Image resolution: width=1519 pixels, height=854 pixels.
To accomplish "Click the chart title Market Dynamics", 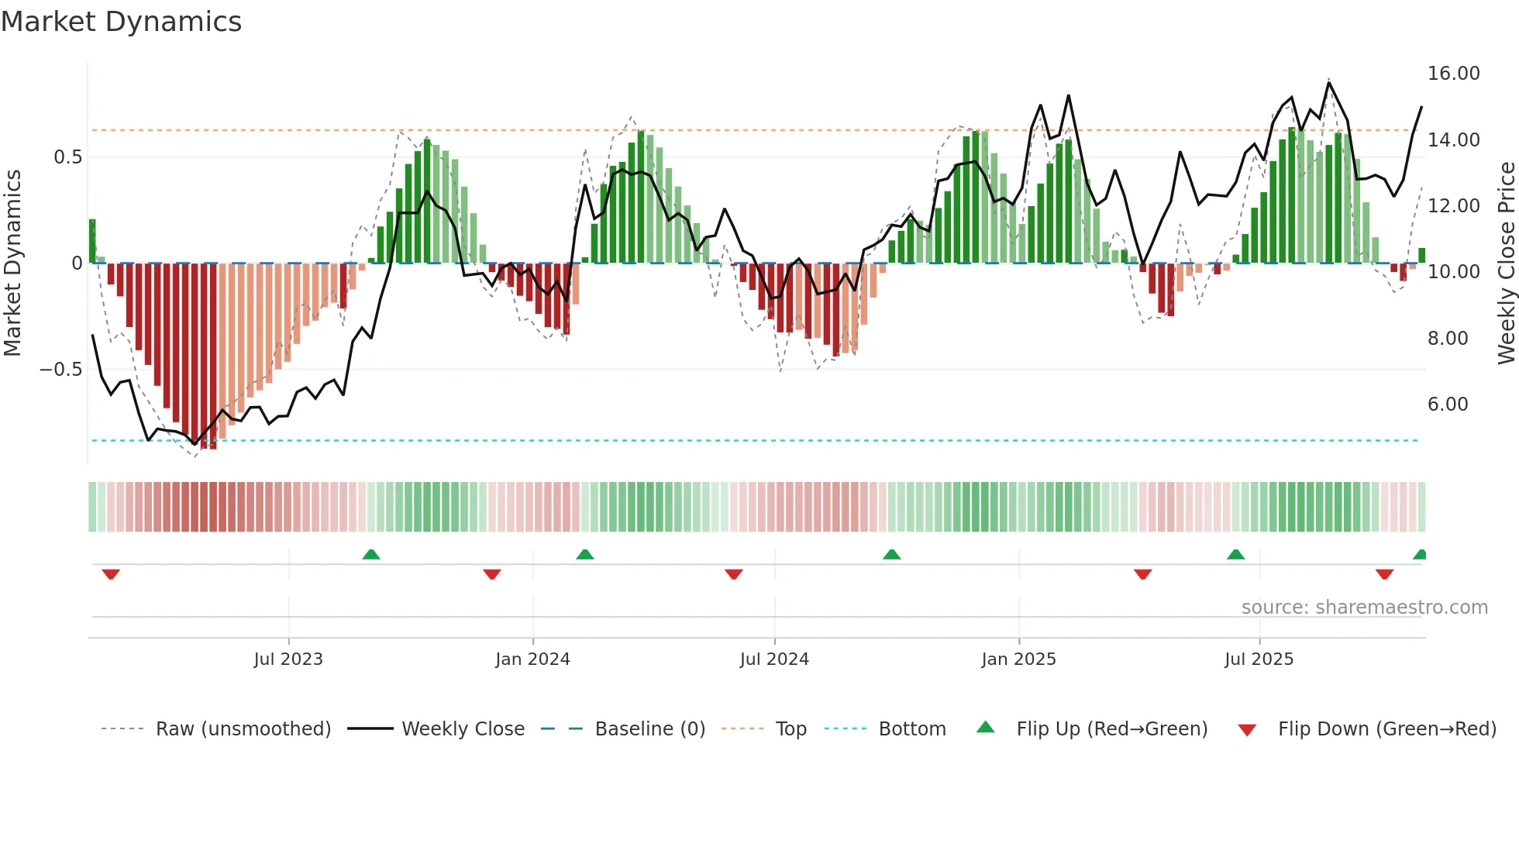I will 122,22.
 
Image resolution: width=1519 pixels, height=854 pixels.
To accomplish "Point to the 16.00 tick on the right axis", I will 1453,74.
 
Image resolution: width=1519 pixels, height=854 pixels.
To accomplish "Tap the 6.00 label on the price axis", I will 1447,405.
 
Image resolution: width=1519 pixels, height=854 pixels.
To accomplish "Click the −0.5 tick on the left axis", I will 60,370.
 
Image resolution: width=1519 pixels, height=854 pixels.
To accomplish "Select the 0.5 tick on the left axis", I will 67,157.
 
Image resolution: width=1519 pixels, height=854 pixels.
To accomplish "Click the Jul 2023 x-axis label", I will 288,659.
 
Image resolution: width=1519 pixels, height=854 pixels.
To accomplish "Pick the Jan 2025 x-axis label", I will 1018,659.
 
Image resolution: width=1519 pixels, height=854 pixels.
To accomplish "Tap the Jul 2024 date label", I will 774,659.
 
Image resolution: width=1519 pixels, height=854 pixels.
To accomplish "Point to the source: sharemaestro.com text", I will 1364,608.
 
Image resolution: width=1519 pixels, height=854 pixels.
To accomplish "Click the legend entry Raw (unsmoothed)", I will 243,729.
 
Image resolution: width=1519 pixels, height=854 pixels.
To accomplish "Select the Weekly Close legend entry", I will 463,729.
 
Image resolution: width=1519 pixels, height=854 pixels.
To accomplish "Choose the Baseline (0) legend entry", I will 649,729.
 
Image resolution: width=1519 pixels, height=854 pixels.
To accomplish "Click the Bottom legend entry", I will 911,729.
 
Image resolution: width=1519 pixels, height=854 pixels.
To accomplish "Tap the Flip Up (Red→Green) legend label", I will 1111,729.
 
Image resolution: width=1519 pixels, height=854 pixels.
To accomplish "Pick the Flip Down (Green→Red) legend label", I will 1386,729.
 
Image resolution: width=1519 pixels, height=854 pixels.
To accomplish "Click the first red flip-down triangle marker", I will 111,574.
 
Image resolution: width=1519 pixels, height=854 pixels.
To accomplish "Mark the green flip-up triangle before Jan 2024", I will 371,554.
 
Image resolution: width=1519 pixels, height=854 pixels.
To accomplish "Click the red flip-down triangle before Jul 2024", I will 734,574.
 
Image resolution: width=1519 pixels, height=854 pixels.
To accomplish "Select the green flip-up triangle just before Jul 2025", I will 1235,554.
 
